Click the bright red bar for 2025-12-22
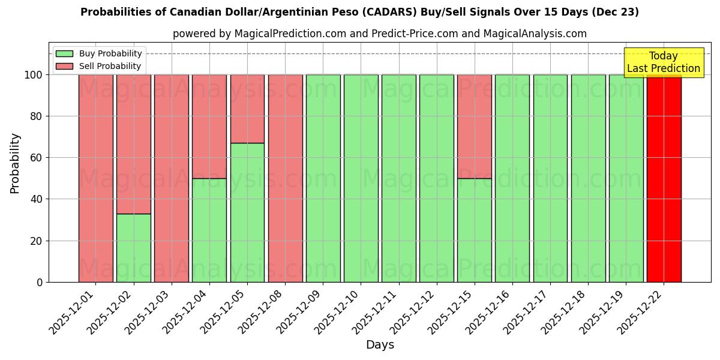click(x=664, y=178)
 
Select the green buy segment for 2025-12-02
click(x=134, y=248)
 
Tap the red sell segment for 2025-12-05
click(x=247, y=109)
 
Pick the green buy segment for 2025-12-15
click(x=475, y=230)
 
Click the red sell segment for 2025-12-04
click(x=209, y=126)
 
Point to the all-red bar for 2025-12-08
click(x=285, y=178)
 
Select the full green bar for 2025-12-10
click(x=361, y=178)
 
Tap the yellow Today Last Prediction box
click(x=664, y=62)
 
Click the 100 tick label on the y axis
click(x=34, y=75)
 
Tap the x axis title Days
click(x=380, y=345)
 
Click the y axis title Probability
click(x=15, y=163)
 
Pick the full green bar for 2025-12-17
click(x=550, y=178)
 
